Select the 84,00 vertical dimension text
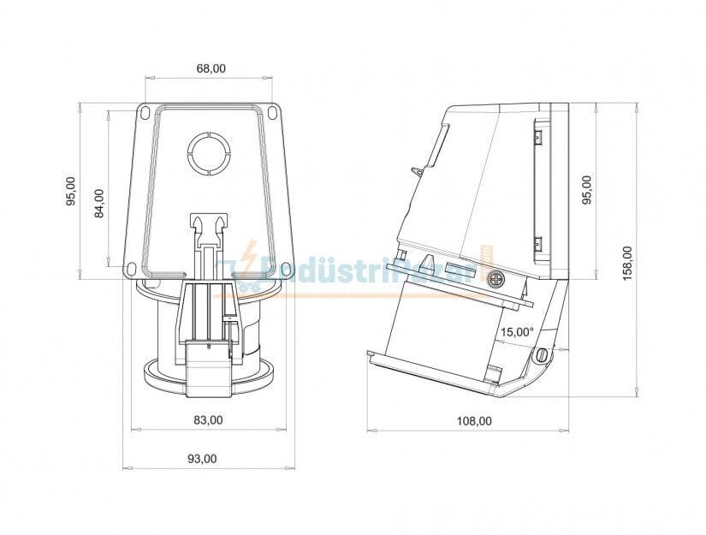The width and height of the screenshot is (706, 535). pos(99,203)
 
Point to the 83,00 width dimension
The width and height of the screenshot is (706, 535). pos(208,420)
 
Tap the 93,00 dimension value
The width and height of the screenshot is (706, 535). pos(202,459)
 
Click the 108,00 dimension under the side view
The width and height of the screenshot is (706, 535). pos(473,420)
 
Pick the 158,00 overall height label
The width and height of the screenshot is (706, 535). pos(627,264)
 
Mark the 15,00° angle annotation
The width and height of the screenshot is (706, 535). pos(517,331)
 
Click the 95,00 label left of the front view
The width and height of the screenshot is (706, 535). pos(71,192)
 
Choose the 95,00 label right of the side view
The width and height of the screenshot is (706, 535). pos(586,190)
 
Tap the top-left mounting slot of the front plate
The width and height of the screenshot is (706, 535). pos(145,112)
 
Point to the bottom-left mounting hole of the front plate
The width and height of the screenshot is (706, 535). pos(133,270)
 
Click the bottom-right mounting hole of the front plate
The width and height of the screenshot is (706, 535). pos(285,270)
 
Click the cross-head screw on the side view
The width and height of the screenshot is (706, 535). pos(495,280)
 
